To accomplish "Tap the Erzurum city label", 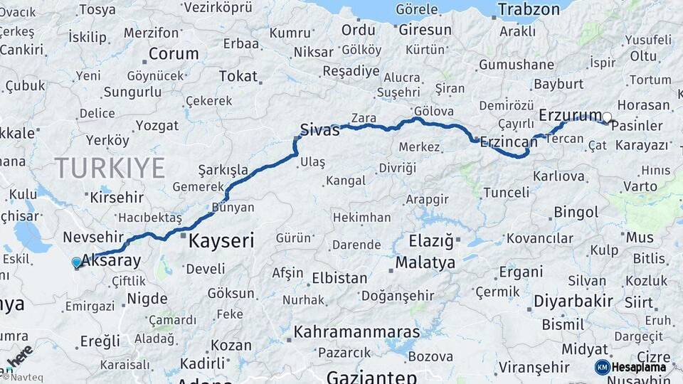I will [571, 115].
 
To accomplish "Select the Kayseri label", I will [221, 240].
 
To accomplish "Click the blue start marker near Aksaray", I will [77, 262].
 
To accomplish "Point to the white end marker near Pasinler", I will [607, 117].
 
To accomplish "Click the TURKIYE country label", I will [110, 168].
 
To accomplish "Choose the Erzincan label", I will [509, 142].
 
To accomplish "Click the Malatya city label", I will [425, 262].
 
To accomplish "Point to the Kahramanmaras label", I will [356, 331].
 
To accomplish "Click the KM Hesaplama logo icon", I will [603, 367].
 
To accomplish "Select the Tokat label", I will [238, 76].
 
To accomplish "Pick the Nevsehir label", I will [93, 237].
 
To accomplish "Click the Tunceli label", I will [506, 193].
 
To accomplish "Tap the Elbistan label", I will [339, 278].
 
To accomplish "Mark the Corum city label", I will [173, 54].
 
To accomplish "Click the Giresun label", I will [425, 30].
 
